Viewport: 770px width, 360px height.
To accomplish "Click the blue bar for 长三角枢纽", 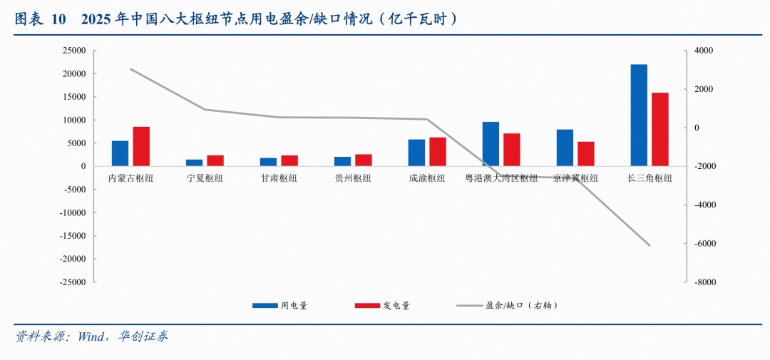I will coord(639,115).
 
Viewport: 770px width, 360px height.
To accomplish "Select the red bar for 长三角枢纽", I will coord(659,130).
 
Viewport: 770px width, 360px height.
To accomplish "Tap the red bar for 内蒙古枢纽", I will coord(141,147).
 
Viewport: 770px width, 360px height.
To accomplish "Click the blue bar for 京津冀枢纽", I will coord(565,148).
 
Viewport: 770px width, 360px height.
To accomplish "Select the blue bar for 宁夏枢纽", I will coord(195,163).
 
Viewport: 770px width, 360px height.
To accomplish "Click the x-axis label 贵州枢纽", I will coord(353,178).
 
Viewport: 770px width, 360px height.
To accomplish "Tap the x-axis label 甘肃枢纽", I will coord(279,178).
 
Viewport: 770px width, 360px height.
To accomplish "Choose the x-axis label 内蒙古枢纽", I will coord(130,178).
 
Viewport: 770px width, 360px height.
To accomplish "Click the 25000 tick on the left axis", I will coord(74,51).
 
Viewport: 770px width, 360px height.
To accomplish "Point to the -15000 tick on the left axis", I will coord(72,236).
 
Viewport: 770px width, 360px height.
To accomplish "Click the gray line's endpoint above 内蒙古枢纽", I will coord(130,69).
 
